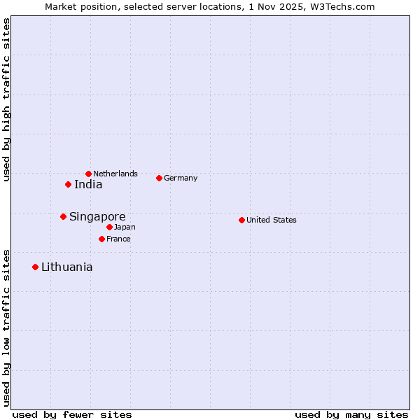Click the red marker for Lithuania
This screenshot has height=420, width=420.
point(35,267)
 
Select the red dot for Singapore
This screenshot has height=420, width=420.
point(63,216)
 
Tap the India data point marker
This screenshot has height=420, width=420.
point(68,184)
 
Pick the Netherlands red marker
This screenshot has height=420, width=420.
point(88,174)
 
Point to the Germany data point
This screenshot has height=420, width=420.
point(159,178)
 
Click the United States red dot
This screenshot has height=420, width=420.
point(241,220)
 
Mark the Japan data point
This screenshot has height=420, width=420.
point(109,227)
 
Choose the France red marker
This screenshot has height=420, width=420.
point(101,239)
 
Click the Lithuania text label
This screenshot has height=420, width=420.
point(66,267)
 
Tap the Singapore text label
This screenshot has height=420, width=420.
point(97,217)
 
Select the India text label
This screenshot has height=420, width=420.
point(88,185)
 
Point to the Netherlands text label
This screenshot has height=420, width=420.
point(115,174)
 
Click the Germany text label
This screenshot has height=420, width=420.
point(181,178)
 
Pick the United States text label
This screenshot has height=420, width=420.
point(272,220)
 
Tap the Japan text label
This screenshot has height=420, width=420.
point(125,227)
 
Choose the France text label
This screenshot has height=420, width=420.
point(118,239)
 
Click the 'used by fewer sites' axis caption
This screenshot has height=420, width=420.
point(72,414)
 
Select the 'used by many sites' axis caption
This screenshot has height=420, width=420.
point(351,414)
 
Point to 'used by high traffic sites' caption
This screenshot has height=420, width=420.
point(6,99)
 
